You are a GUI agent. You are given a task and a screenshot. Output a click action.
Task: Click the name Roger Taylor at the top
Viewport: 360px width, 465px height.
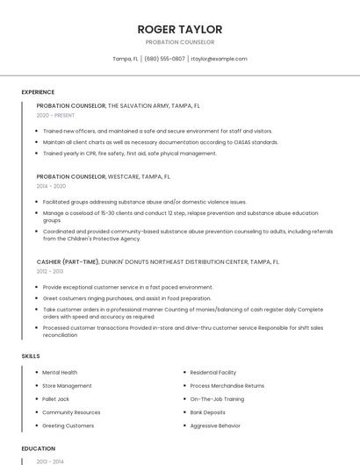pos(180,29)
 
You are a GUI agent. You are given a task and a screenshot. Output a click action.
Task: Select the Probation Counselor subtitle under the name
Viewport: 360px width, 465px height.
pos(180,42)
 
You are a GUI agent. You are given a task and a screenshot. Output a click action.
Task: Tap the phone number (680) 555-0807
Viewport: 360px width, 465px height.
pos(164,59)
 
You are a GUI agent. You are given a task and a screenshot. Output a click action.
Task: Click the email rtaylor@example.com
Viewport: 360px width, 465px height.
pos(220,59)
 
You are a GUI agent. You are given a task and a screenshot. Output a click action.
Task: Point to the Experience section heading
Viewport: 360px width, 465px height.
pos(38,92)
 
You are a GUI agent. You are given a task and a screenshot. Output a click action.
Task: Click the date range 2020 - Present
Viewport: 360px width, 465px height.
pos(56,115)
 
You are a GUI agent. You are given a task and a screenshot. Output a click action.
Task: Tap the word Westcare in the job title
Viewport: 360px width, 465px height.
pos(123,176)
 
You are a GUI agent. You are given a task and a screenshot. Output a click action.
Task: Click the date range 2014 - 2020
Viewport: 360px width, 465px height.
pos(51,186)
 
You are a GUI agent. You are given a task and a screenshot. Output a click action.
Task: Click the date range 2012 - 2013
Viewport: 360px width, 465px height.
pos(50,271)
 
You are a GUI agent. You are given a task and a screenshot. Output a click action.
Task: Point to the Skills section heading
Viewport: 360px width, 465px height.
pos(31,356)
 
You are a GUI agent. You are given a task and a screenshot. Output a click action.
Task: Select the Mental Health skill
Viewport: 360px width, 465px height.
pos(60,373)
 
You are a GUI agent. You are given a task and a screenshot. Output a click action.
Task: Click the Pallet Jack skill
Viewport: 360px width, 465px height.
pos(56,399)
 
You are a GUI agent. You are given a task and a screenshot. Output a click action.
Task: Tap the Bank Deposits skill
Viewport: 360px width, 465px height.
pos(208,412)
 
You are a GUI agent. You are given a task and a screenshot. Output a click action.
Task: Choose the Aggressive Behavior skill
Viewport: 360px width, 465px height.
pos(216,426)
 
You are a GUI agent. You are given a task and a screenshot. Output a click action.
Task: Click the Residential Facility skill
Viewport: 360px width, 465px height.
pos(213,373)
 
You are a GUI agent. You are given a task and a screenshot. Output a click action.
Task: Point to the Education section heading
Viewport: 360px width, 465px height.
pos(38,448)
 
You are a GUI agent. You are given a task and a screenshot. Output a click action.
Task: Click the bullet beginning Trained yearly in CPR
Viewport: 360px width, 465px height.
pos(129,154)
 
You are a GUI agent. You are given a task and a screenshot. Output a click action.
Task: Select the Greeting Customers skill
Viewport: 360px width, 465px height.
pos(68,426)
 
